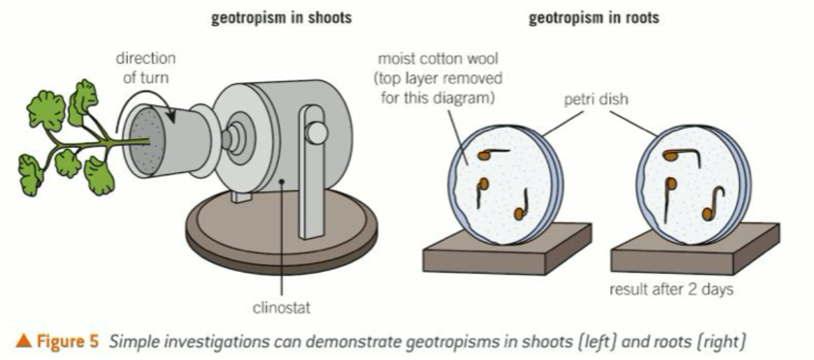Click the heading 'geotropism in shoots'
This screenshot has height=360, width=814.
(x=282, y=19)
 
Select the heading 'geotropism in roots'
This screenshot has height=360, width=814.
(x=593, y=19)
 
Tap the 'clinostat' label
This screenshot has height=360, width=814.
(x=282, y=304)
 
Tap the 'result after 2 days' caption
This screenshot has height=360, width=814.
(x=671, y=289)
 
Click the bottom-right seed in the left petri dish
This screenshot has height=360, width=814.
(x=518, y=214)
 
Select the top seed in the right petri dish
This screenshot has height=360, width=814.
(x=670, y=156)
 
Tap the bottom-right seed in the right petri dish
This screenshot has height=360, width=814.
(x=707, y=213)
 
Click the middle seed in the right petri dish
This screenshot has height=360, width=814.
(x=670, y=185)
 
